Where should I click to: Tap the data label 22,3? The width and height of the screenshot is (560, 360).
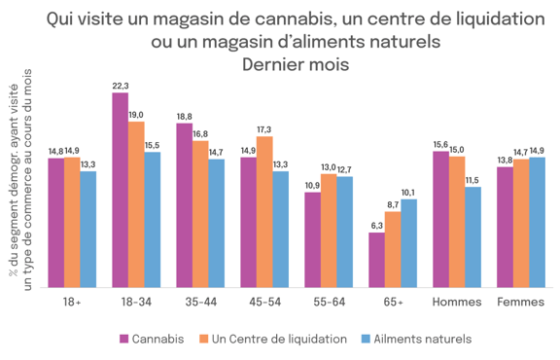coord(121,86)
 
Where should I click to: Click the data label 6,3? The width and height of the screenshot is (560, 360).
coord(376,225)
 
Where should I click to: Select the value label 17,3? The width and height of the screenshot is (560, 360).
coord(265,128)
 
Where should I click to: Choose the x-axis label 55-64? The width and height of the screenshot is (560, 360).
coord(329,302)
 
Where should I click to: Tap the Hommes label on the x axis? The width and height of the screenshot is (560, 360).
coord(456,302)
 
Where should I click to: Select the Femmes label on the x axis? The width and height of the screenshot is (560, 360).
coord(521,302)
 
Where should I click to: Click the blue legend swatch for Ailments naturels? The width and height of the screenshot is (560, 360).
coord(367,339)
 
